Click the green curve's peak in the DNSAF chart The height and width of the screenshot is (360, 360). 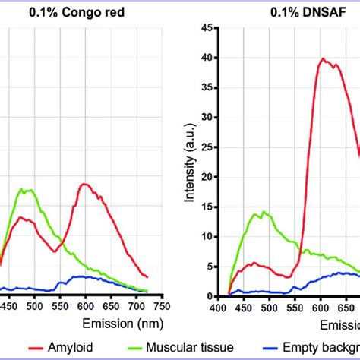point(264,212)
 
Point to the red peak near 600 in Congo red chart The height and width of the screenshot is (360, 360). point(85,184)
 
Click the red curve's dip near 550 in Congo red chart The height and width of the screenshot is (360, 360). point(54,251)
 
